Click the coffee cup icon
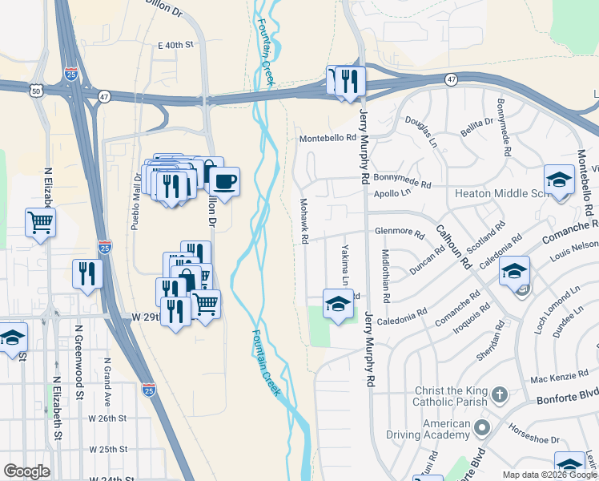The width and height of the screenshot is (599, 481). point(224,181)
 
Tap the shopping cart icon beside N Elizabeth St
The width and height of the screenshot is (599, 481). point(41,222)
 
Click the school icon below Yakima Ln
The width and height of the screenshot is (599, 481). point(338,304)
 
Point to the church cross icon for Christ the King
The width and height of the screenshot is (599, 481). point(500,394)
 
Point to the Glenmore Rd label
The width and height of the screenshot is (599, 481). point(399,232)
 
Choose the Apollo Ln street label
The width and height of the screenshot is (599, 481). point(392,193)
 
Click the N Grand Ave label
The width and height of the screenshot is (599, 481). point(107,378)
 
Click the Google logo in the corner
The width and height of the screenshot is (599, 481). point(26,471)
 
